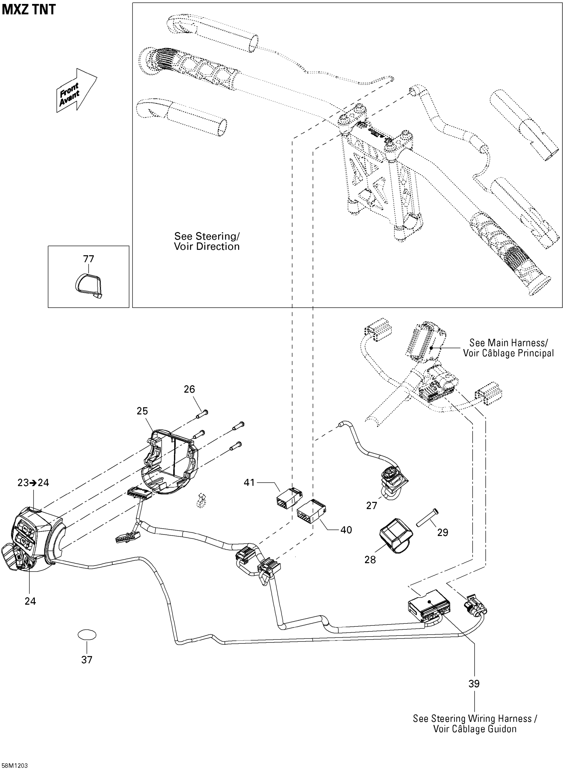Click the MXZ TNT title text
click(28, 10)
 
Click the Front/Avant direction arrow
click(77, 90)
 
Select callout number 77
click(89, 259)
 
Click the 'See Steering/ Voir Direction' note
click(207, 241)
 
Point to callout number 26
click(189, 389)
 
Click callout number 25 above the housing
click(142, 411)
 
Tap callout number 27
click(372, 506)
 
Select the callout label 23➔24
click(33, 483)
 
